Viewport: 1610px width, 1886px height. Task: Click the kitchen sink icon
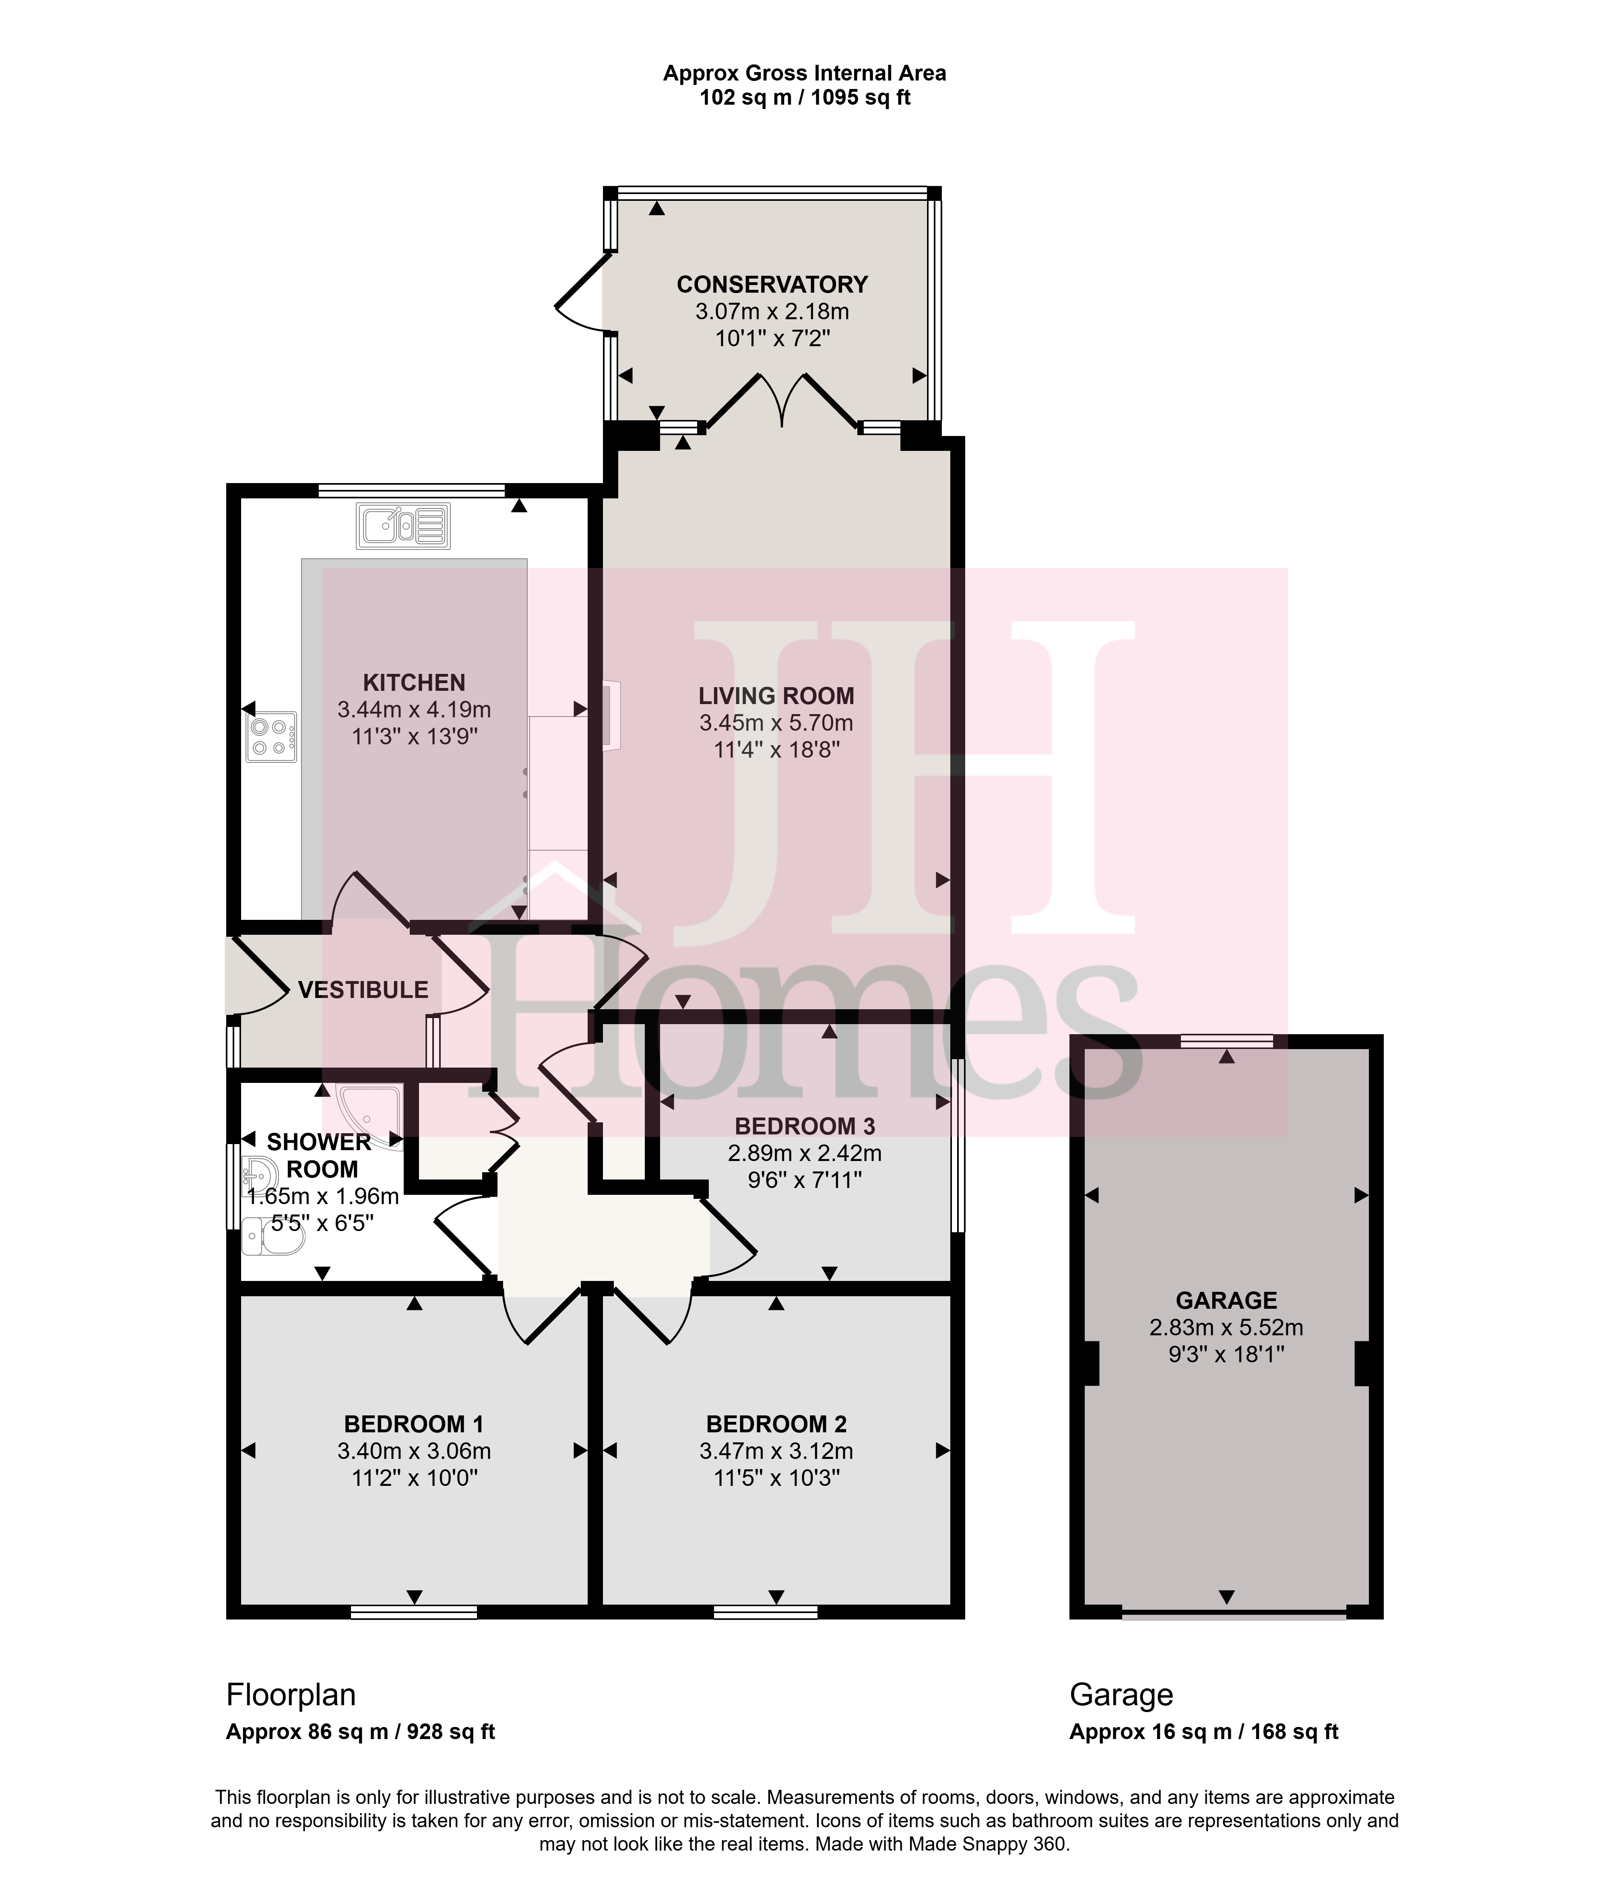[x=403, y=526]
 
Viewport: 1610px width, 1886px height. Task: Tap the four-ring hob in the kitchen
[x=271, y=736]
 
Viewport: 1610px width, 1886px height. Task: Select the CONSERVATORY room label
[x=772, y=285]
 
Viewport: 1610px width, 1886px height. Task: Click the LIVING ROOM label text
[x=776, y=696]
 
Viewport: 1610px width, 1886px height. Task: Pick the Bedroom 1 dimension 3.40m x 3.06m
[x=414, y=1451]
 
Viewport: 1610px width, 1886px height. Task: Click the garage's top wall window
[x=1227, y=1041]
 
